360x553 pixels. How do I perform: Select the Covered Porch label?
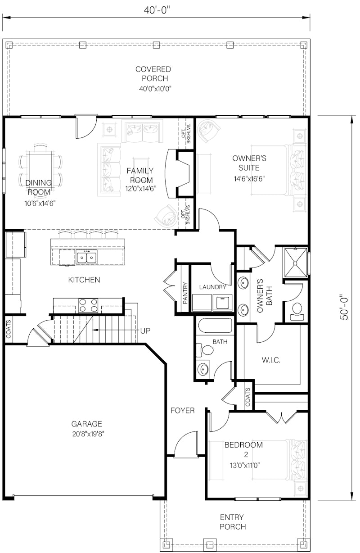[153, 74]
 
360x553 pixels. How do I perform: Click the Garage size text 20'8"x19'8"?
[87, 434]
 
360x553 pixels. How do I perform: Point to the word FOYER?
[182, 410]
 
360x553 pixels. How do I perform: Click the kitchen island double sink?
[86, 258]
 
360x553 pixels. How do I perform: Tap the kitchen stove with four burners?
[88, 305]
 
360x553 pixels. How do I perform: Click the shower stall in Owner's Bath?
[295, 263]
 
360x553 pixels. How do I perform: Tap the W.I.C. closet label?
[271, 360]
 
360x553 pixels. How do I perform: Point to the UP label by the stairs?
[145, 331]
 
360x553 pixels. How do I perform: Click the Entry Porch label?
[233, 522]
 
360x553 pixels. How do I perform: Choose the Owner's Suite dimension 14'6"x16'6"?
[248, 178]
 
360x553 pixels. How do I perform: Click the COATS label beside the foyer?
[248, 398]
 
